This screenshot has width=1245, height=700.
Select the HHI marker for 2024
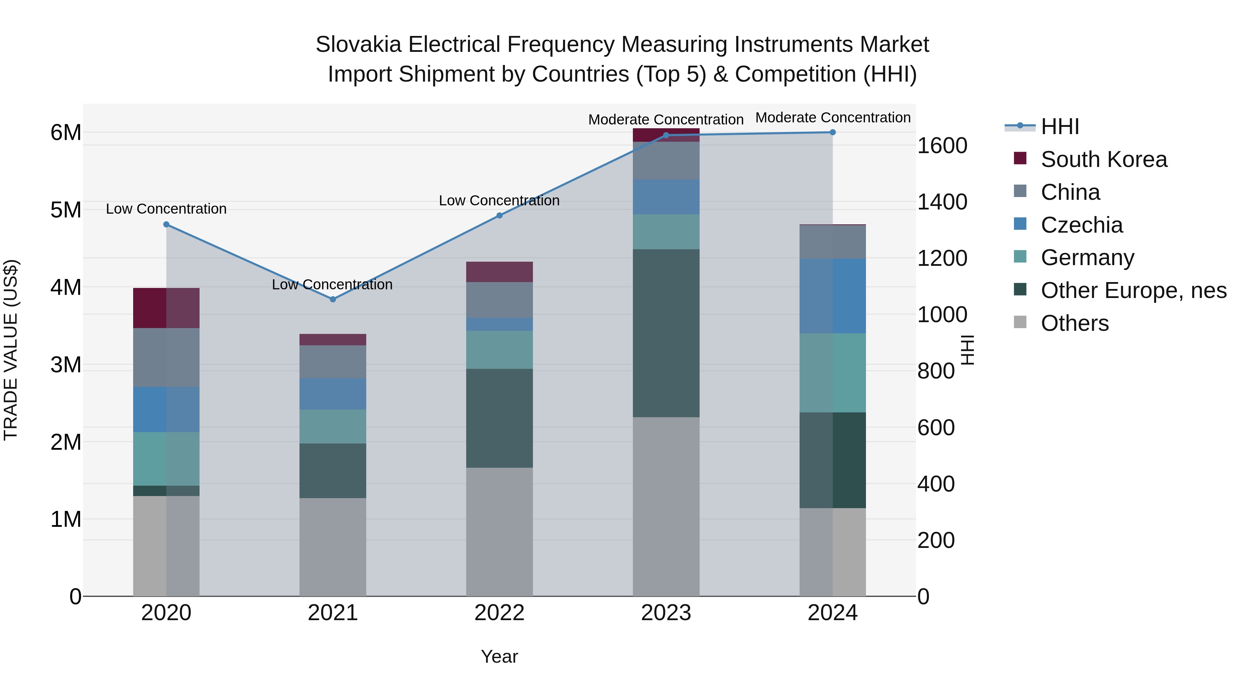832,132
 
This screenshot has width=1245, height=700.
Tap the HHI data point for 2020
166,225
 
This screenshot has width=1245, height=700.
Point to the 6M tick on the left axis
66,132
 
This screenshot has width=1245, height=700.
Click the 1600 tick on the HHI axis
942,146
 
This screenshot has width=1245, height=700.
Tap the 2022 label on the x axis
499,613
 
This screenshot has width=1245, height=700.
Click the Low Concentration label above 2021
332,284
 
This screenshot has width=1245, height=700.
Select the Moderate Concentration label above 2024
832,118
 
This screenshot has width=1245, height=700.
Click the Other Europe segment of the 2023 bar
666,333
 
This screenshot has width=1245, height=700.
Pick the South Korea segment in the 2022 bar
499,272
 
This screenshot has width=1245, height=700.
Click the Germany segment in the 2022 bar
499,350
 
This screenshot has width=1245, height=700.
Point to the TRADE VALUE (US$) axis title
11,350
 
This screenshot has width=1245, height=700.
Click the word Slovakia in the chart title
358,45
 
